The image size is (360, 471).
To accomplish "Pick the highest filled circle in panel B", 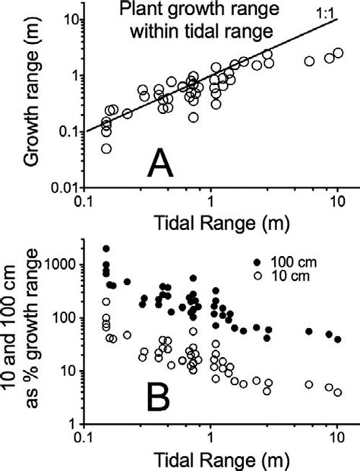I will click(106, 249).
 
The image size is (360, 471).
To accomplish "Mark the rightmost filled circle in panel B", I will click(338, 339).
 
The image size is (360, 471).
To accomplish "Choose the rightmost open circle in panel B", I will click(338, 392).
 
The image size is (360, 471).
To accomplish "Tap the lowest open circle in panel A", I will click(106, 148).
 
